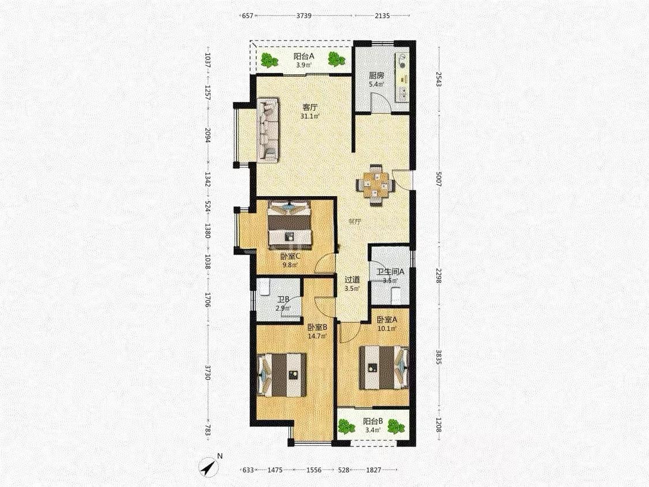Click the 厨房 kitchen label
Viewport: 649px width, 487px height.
[376, 76]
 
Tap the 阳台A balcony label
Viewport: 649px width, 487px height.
[304, 57]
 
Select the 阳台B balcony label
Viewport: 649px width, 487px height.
[373, 422]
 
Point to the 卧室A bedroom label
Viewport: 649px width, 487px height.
[387, 320]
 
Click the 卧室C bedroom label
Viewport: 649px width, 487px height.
[290, 256]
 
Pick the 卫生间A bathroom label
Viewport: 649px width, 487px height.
[390, 272]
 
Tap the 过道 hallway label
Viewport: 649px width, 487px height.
[352, 280]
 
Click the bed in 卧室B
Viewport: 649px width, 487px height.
[282, 375]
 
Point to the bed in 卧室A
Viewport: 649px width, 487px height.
[384, 368]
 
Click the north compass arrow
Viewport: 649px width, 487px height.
[210, 467]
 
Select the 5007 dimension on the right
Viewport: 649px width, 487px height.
[439, 177]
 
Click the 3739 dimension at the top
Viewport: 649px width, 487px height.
[304, 16]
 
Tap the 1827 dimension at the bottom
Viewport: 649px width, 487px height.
[373, 470]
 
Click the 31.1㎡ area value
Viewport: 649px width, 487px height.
[310, 117]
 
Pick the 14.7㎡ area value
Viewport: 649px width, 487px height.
[317, 336]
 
